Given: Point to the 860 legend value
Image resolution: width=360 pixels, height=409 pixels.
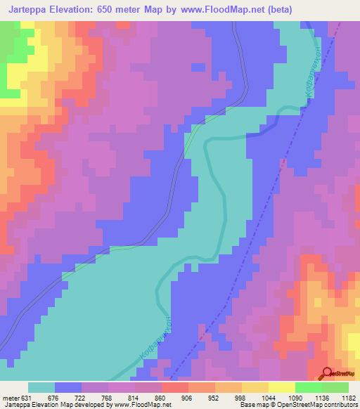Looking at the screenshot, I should coord(161,398).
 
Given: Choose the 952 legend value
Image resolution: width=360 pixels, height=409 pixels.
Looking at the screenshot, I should coord(214,398).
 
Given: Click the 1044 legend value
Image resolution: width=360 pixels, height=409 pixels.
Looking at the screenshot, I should coord(268,398).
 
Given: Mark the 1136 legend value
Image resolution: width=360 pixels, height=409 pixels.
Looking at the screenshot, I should coord(321,398).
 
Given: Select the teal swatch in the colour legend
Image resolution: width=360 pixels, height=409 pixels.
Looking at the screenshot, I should coord(41,387).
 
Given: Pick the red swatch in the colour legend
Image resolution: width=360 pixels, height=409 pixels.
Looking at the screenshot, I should coord(174,387).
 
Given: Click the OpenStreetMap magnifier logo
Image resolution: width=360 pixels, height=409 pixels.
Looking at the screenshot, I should coord(328,375).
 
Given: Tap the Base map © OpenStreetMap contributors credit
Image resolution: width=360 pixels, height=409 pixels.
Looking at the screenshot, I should coord(298,405).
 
